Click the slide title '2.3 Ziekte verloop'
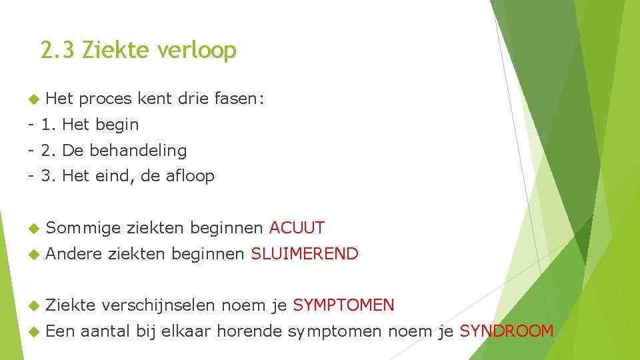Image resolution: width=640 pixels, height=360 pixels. [x=138, y=50]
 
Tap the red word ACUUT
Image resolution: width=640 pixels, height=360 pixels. [x=297, y=228]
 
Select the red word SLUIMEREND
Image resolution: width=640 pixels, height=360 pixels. [x=305, y=254]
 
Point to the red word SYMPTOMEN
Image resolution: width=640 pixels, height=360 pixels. [x=343, y=305]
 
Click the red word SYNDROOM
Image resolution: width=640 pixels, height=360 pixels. [x=507, y=331]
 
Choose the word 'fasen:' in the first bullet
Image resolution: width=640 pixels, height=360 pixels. [x=239, y=99]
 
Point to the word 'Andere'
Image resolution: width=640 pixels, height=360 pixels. [x=74, y=254]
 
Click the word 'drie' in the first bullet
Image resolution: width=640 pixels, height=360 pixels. [x=193, y=99]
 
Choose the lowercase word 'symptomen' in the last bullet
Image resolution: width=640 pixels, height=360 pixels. [x=335, y=331]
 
